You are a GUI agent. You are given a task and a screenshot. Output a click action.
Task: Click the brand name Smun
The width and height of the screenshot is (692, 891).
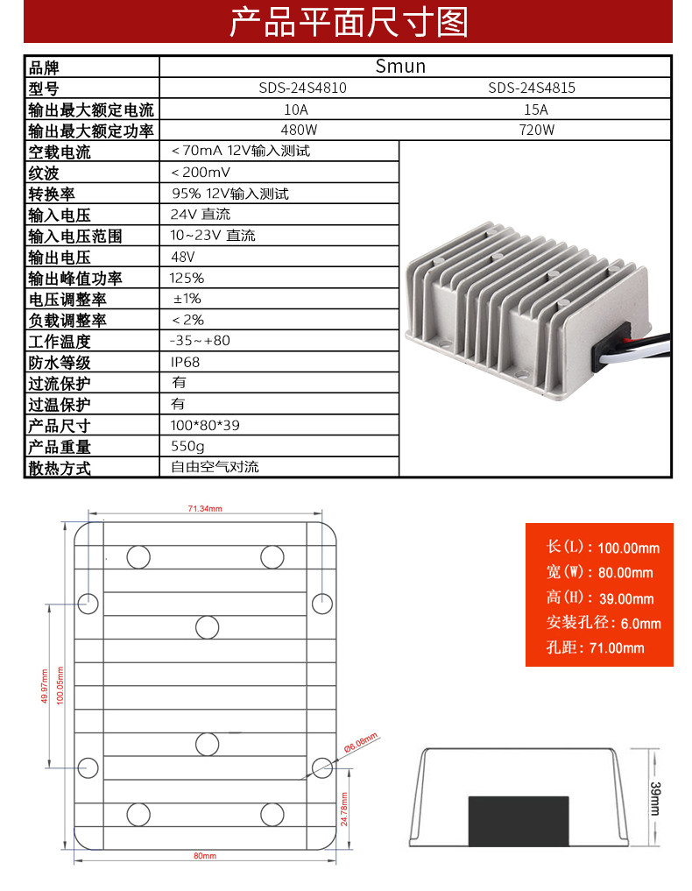click(400, 67)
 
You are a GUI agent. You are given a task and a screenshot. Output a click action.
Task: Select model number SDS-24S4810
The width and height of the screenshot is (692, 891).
click(302, 88)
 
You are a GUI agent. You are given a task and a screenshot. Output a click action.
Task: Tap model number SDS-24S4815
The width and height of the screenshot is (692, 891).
click(532, 88)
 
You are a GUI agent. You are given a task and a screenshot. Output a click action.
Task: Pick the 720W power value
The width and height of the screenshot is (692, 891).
click(536, 131)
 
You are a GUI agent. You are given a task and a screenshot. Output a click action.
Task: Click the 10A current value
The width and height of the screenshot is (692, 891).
click(296, 110)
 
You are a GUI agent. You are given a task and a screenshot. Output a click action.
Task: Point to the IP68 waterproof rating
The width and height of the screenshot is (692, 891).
click(185, 362)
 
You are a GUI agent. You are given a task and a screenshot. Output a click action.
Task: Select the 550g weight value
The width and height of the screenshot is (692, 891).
click(187, 447)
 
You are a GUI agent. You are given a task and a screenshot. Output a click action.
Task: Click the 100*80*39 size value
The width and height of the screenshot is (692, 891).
click(205, 425)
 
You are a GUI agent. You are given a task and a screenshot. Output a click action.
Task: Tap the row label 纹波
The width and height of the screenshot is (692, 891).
click(44, 173)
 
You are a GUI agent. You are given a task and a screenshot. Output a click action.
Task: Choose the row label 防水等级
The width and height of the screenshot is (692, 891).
click(59, 363)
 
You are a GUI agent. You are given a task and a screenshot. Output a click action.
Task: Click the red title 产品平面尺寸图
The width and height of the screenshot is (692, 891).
click(349, 22)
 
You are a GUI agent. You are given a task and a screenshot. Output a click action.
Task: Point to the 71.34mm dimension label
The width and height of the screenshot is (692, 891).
click(205, 508)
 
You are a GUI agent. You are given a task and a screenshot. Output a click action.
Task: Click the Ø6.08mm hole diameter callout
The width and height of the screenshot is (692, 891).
click(361, 742)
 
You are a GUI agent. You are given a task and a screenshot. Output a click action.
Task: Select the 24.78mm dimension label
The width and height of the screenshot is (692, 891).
click(344, 810)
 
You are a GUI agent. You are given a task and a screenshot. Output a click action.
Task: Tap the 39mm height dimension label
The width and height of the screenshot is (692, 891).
click(655, 798)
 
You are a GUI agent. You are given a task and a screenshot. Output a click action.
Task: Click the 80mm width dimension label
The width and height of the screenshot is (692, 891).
click(205, 856)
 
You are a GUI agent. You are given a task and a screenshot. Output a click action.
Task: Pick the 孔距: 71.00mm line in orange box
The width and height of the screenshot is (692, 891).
click(596, 647)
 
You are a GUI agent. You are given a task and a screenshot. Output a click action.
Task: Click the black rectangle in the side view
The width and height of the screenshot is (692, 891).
click(519, 821)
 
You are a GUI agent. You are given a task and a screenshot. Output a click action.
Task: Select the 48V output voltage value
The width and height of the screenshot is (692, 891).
click(183, 257)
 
